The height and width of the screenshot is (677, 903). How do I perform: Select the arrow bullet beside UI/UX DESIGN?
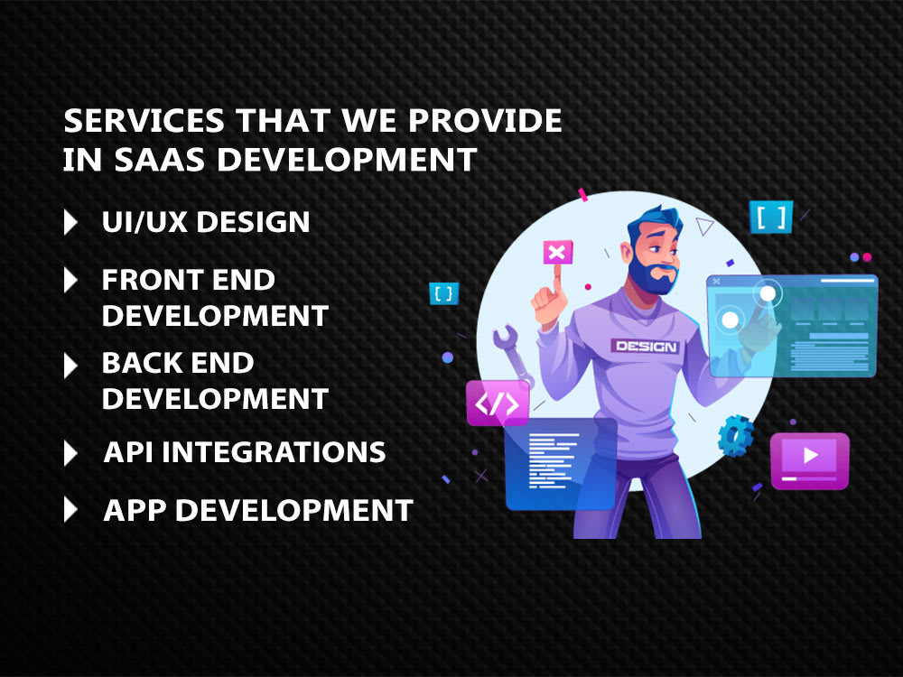point(70,222)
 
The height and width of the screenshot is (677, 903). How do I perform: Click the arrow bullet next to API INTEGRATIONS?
point(70,452)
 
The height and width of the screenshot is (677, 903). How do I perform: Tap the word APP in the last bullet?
point(135,510)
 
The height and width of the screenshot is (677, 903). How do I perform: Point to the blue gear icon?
point(736,434)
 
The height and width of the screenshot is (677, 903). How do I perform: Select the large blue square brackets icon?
point(770,217)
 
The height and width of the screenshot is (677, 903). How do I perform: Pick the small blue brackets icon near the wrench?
point(444,293)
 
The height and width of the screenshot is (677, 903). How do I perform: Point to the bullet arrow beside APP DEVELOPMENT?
point(70,510)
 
